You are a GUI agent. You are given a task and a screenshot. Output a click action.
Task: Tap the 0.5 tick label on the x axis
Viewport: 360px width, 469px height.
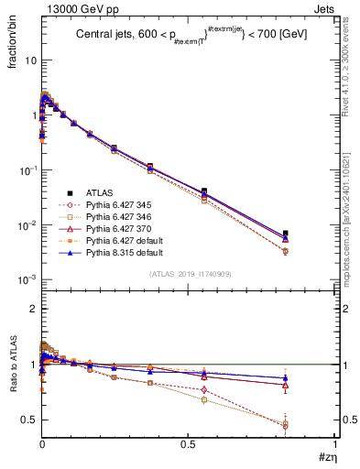point(188,444)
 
